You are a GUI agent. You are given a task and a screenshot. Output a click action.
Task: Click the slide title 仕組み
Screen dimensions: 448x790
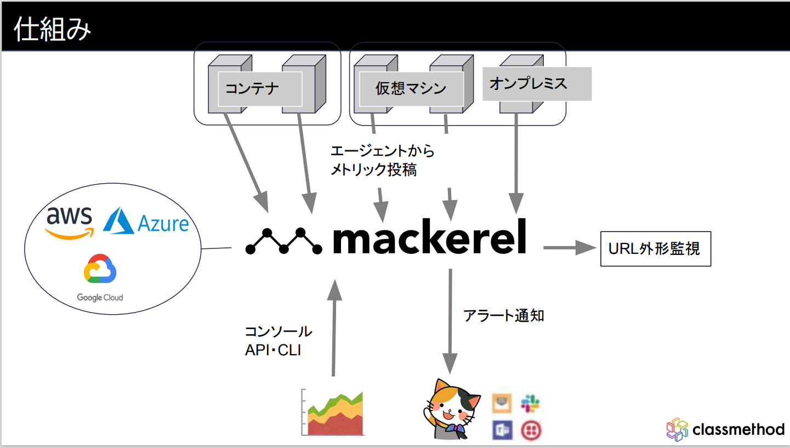[x=52, y=29]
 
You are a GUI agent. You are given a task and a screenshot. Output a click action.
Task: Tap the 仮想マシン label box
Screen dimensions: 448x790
[x=411, y=89]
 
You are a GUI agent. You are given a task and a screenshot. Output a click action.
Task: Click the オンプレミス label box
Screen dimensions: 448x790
[x=536, y=84]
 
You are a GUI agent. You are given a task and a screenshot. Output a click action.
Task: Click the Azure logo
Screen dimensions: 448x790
[x=146, y=222]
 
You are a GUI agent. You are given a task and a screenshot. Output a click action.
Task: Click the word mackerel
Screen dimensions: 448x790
[x=429, y=237]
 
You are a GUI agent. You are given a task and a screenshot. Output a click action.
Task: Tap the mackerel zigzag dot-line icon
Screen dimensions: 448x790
[x=284, y=241]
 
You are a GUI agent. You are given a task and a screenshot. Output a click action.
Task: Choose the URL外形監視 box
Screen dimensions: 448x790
[x=655, y=249]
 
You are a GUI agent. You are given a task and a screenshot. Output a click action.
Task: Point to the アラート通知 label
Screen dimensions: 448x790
[x=503, y=315]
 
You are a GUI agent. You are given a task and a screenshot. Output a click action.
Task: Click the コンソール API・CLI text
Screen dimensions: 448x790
[x=278, y=341]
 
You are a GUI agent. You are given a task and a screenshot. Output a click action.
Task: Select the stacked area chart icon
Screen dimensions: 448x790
[x=333, y=413]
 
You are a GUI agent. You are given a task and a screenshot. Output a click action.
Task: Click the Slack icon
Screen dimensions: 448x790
[x=530, y=404]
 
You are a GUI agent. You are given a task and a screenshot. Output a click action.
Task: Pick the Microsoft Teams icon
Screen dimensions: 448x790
[x=502, y=429]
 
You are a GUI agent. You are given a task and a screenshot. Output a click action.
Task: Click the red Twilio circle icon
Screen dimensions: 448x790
[x=530, y=429]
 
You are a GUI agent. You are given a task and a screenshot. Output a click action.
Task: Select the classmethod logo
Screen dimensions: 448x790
[x=725, y=429]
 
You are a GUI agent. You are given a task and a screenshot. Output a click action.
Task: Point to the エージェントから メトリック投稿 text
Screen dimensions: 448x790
[x=382, y=160]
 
